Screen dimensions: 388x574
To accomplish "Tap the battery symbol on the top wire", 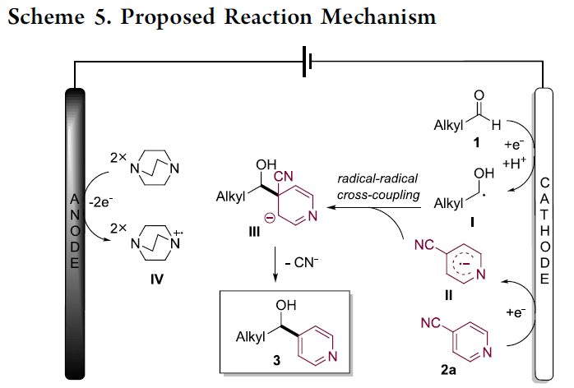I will [x=307, y=62].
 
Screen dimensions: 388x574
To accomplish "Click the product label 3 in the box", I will [x=254, y=358].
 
